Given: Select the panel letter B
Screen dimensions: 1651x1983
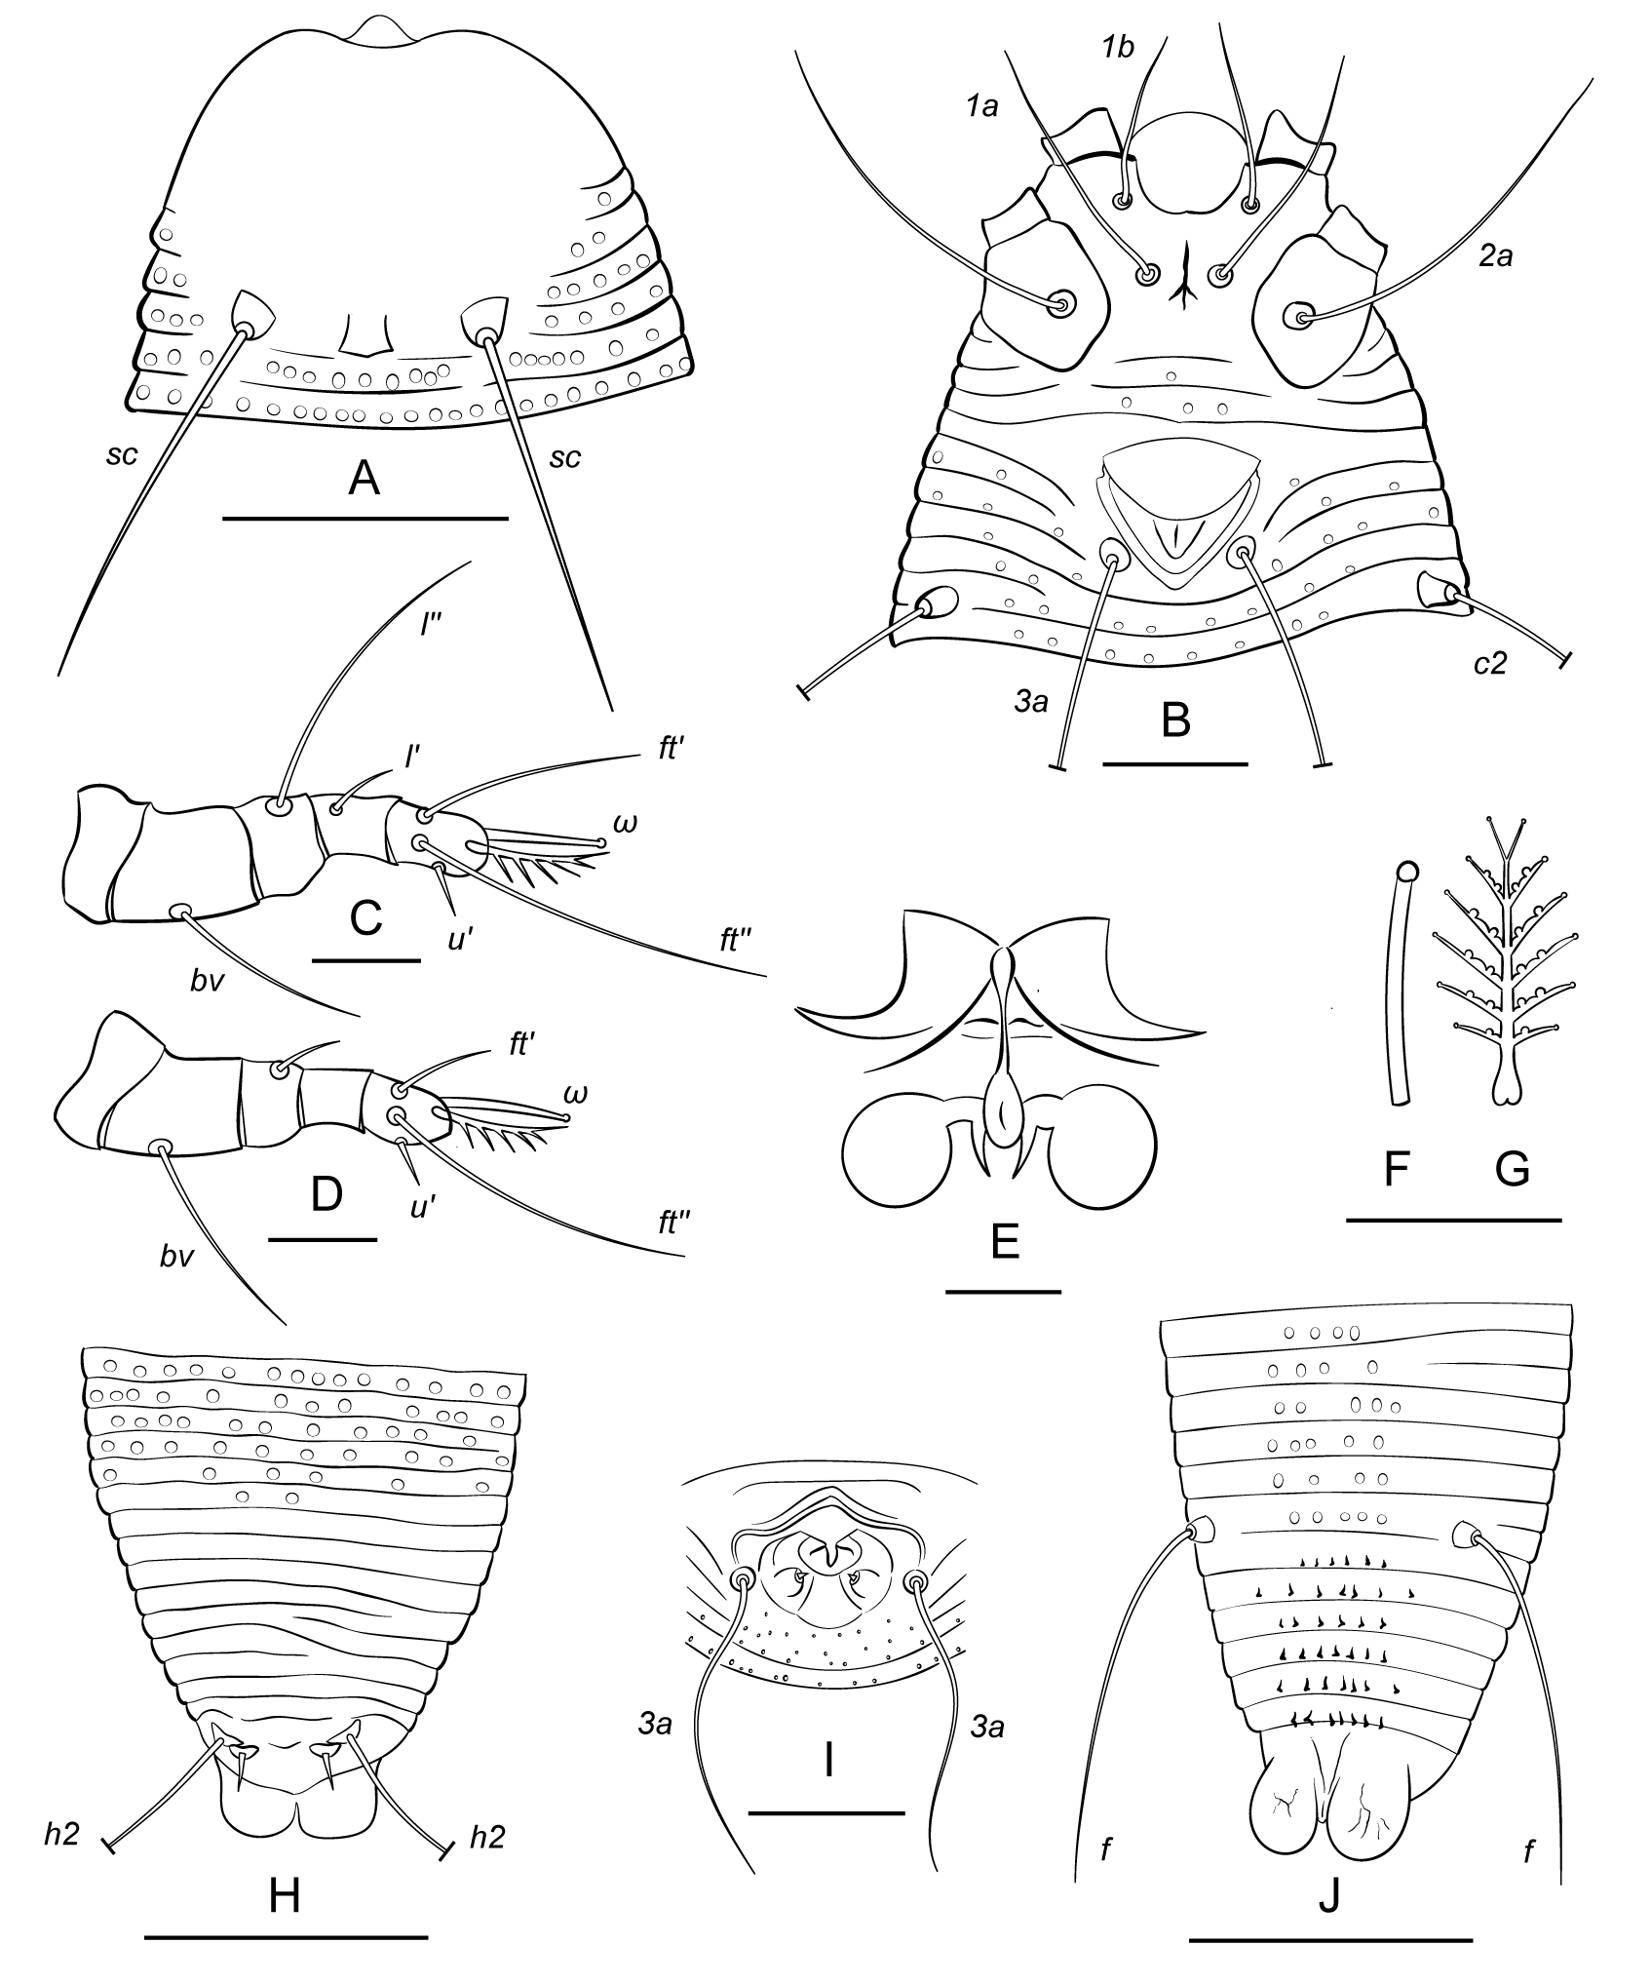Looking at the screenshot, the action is pos(1176,722).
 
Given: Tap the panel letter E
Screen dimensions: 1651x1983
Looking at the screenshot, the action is pos(1004,1241).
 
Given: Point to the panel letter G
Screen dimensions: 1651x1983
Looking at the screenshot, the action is pos(1512,1169).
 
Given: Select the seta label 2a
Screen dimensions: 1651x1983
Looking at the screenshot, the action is pos(1495,258).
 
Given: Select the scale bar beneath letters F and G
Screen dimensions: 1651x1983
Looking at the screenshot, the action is pos(1453,1219).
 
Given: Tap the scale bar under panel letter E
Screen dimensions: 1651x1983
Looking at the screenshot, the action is pos(1003,1292).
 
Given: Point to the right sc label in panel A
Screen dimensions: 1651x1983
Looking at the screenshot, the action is pos(565,457).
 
